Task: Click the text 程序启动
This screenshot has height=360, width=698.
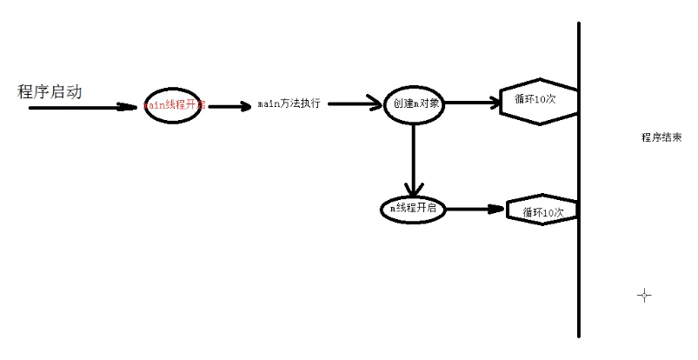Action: (50, 91)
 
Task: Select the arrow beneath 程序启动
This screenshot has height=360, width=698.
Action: (83, 109)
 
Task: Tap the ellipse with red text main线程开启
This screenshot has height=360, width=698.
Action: (173, 106)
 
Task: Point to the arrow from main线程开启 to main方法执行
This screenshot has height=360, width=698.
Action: (229, 107)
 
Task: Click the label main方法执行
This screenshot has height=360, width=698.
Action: (289, 103)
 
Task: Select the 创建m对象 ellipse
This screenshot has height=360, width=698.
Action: (414, 103)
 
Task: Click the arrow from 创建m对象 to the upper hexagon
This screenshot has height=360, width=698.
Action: (469, 102)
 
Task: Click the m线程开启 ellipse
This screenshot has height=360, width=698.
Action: (413, 209)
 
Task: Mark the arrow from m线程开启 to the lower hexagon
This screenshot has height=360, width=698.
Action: (475, 210)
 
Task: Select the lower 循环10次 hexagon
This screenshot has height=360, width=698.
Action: (542, 210)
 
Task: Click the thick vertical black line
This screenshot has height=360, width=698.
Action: (579, 261)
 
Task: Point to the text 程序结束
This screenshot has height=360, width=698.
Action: (661, 137)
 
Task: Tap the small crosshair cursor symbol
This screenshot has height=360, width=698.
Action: (644, 296)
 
